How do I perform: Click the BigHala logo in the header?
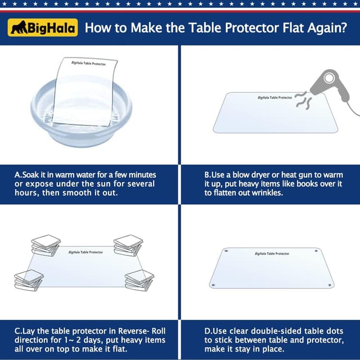(x=43, y=27)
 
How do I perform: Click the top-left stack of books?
(x=46, y=245)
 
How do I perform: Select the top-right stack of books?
(x=128, y=245)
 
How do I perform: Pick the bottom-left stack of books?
(x=28, y=280)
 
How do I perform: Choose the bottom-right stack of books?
(x=139, y=280)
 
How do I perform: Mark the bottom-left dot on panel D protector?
(x=213, y=285)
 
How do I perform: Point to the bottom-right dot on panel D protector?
(x=330, y=285)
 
